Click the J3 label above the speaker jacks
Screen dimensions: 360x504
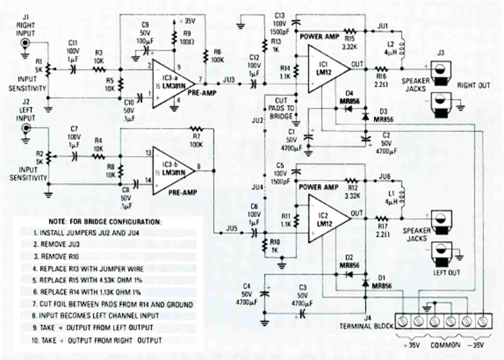[x=439, y=54]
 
